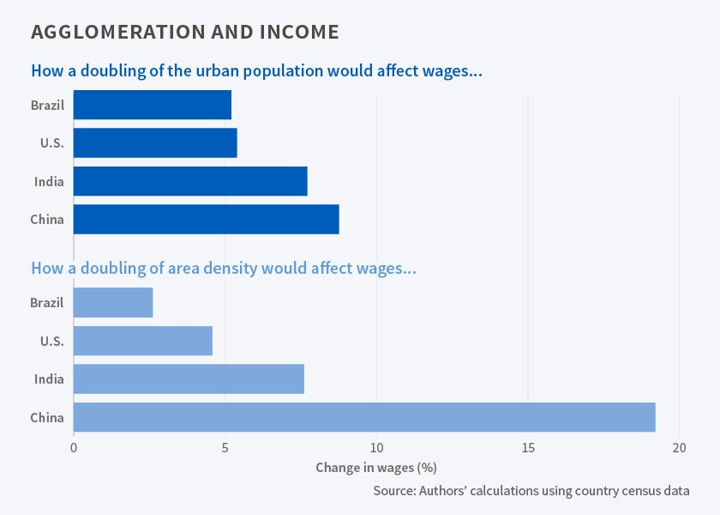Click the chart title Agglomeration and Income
tap(184, 33)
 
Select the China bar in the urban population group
tap(206, 219)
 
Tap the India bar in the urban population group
tap(190, 181)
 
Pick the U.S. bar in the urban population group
tap(155, 143)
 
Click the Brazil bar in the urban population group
tap(153, 105)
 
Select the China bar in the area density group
tap(364, 417)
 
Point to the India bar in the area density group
tap(189, 379)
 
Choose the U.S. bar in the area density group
tap(142, 341)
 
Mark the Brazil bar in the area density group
tap(113, 303)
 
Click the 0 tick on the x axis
tap(74, 447)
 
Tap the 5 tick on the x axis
tap(225, 447)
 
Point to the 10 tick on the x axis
tap(376, 447)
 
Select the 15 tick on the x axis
tap(528, 447)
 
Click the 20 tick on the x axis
tap(679, 447)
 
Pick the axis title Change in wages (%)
tap(376, 468)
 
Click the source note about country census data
tap(531, 491)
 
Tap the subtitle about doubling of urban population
tap(256, 70)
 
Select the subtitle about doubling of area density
tap(224, 268)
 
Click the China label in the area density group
tap(47, 418)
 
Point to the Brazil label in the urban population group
tap(47, 106)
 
